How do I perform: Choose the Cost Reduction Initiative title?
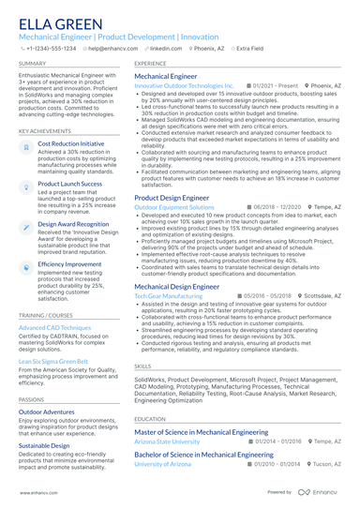coord(71,144)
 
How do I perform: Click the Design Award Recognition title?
coord(73,225)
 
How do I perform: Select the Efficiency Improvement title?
coord(70,265)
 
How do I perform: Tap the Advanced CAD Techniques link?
coord(55,328)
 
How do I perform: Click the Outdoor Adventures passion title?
coord(46,412)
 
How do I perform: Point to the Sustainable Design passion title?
coord(44,445)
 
